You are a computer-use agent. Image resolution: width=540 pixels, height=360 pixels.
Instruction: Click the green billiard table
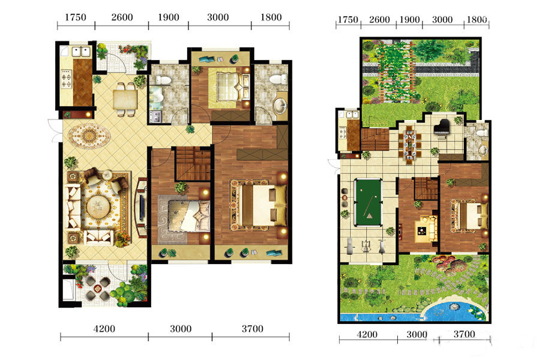click(368, 202)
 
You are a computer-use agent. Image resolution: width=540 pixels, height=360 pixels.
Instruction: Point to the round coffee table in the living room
click(98, 206)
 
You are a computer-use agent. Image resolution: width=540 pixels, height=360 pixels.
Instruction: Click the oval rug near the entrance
click(89, 136)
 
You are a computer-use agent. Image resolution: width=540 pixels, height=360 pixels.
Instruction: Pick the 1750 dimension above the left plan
click(76, 17)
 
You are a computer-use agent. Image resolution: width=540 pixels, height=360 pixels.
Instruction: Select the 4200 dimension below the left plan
click(104, 329)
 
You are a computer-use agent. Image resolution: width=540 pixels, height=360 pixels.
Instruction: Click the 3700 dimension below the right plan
click(464, 334)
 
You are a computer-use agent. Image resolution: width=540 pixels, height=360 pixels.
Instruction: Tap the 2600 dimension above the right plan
click(379, 20)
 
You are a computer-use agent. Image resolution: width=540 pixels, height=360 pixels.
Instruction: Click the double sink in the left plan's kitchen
click(80, 52)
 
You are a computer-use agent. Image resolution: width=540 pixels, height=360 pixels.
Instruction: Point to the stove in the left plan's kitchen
click(66, 79)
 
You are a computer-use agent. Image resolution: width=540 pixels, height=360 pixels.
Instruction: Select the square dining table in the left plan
click(125, 100)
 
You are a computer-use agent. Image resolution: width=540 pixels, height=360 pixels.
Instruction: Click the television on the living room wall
click(142, 207)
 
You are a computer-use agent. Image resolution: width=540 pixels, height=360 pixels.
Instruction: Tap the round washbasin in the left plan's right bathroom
click(280, 106)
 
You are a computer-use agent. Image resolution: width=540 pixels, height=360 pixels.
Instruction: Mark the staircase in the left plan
click(193, 164)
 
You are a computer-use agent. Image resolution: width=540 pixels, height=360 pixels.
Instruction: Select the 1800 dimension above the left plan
click(271, 17)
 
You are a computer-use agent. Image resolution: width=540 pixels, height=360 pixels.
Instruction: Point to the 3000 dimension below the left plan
click(181, 329)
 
